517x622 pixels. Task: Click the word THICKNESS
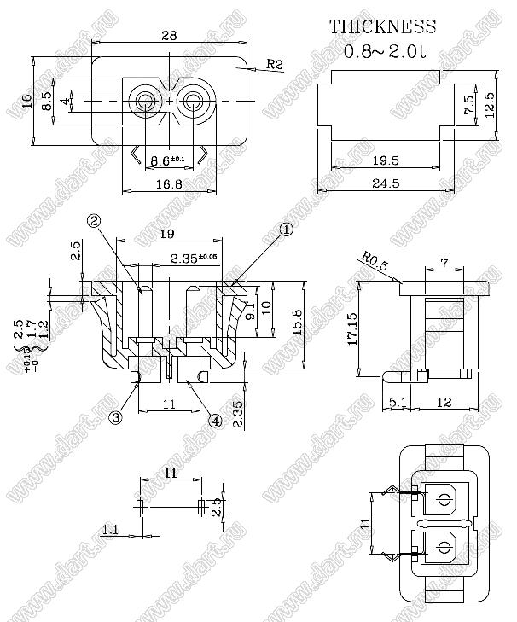point(383,27)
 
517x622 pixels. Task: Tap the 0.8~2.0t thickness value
point(383,51)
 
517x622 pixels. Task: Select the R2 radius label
point(275,64)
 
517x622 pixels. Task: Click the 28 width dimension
point(170,36)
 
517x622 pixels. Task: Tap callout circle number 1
point(287,229)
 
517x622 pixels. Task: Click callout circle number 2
point(95,221)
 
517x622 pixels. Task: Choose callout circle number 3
point(116,417)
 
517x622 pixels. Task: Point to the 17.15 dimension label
point(350,328)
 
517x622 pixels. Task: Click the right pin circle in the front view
point(194,102)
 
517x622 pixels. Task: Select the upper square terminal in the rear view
point(443,502)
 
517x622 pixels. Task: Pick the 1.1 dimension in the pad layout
point(110,530)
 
